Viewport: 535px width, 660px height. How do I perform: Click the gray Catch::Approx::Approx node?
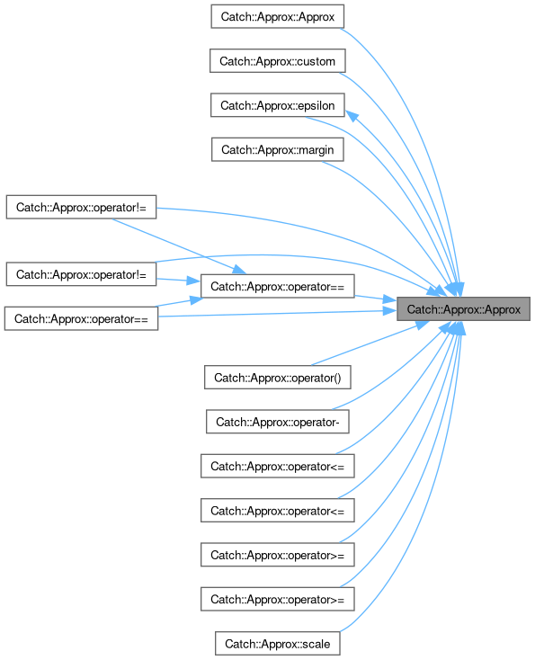(x=463, y=309)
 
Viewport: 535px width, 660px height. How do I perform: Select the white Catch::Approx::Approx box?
(x=278, y=16)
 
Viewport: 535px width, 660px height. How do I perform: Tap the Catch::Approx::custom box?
(x=278, y=60)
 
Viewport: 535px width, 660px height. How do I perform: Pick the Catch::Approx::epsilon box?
(x=278, y=105)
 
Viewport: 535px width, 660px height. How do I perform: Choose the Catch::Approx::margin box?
(x=278, y=149)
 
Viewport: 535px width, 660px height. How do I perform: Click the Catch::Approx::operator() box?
(x=278, y=377)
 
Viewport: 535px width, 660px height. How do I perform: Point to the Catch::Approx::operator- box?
(x=278, y=422)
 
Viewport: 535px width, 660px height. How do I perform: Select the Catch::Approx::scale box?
(x=278, y=643)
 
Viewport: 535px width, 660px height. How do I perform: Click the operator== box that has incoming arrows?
(x=278, y=286)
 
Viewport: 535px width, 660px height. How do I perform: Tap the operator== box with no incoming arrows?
(x=81, y=318)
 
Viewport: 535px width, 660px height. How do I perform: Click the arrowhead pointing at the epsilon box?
(x=352, y=116)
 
